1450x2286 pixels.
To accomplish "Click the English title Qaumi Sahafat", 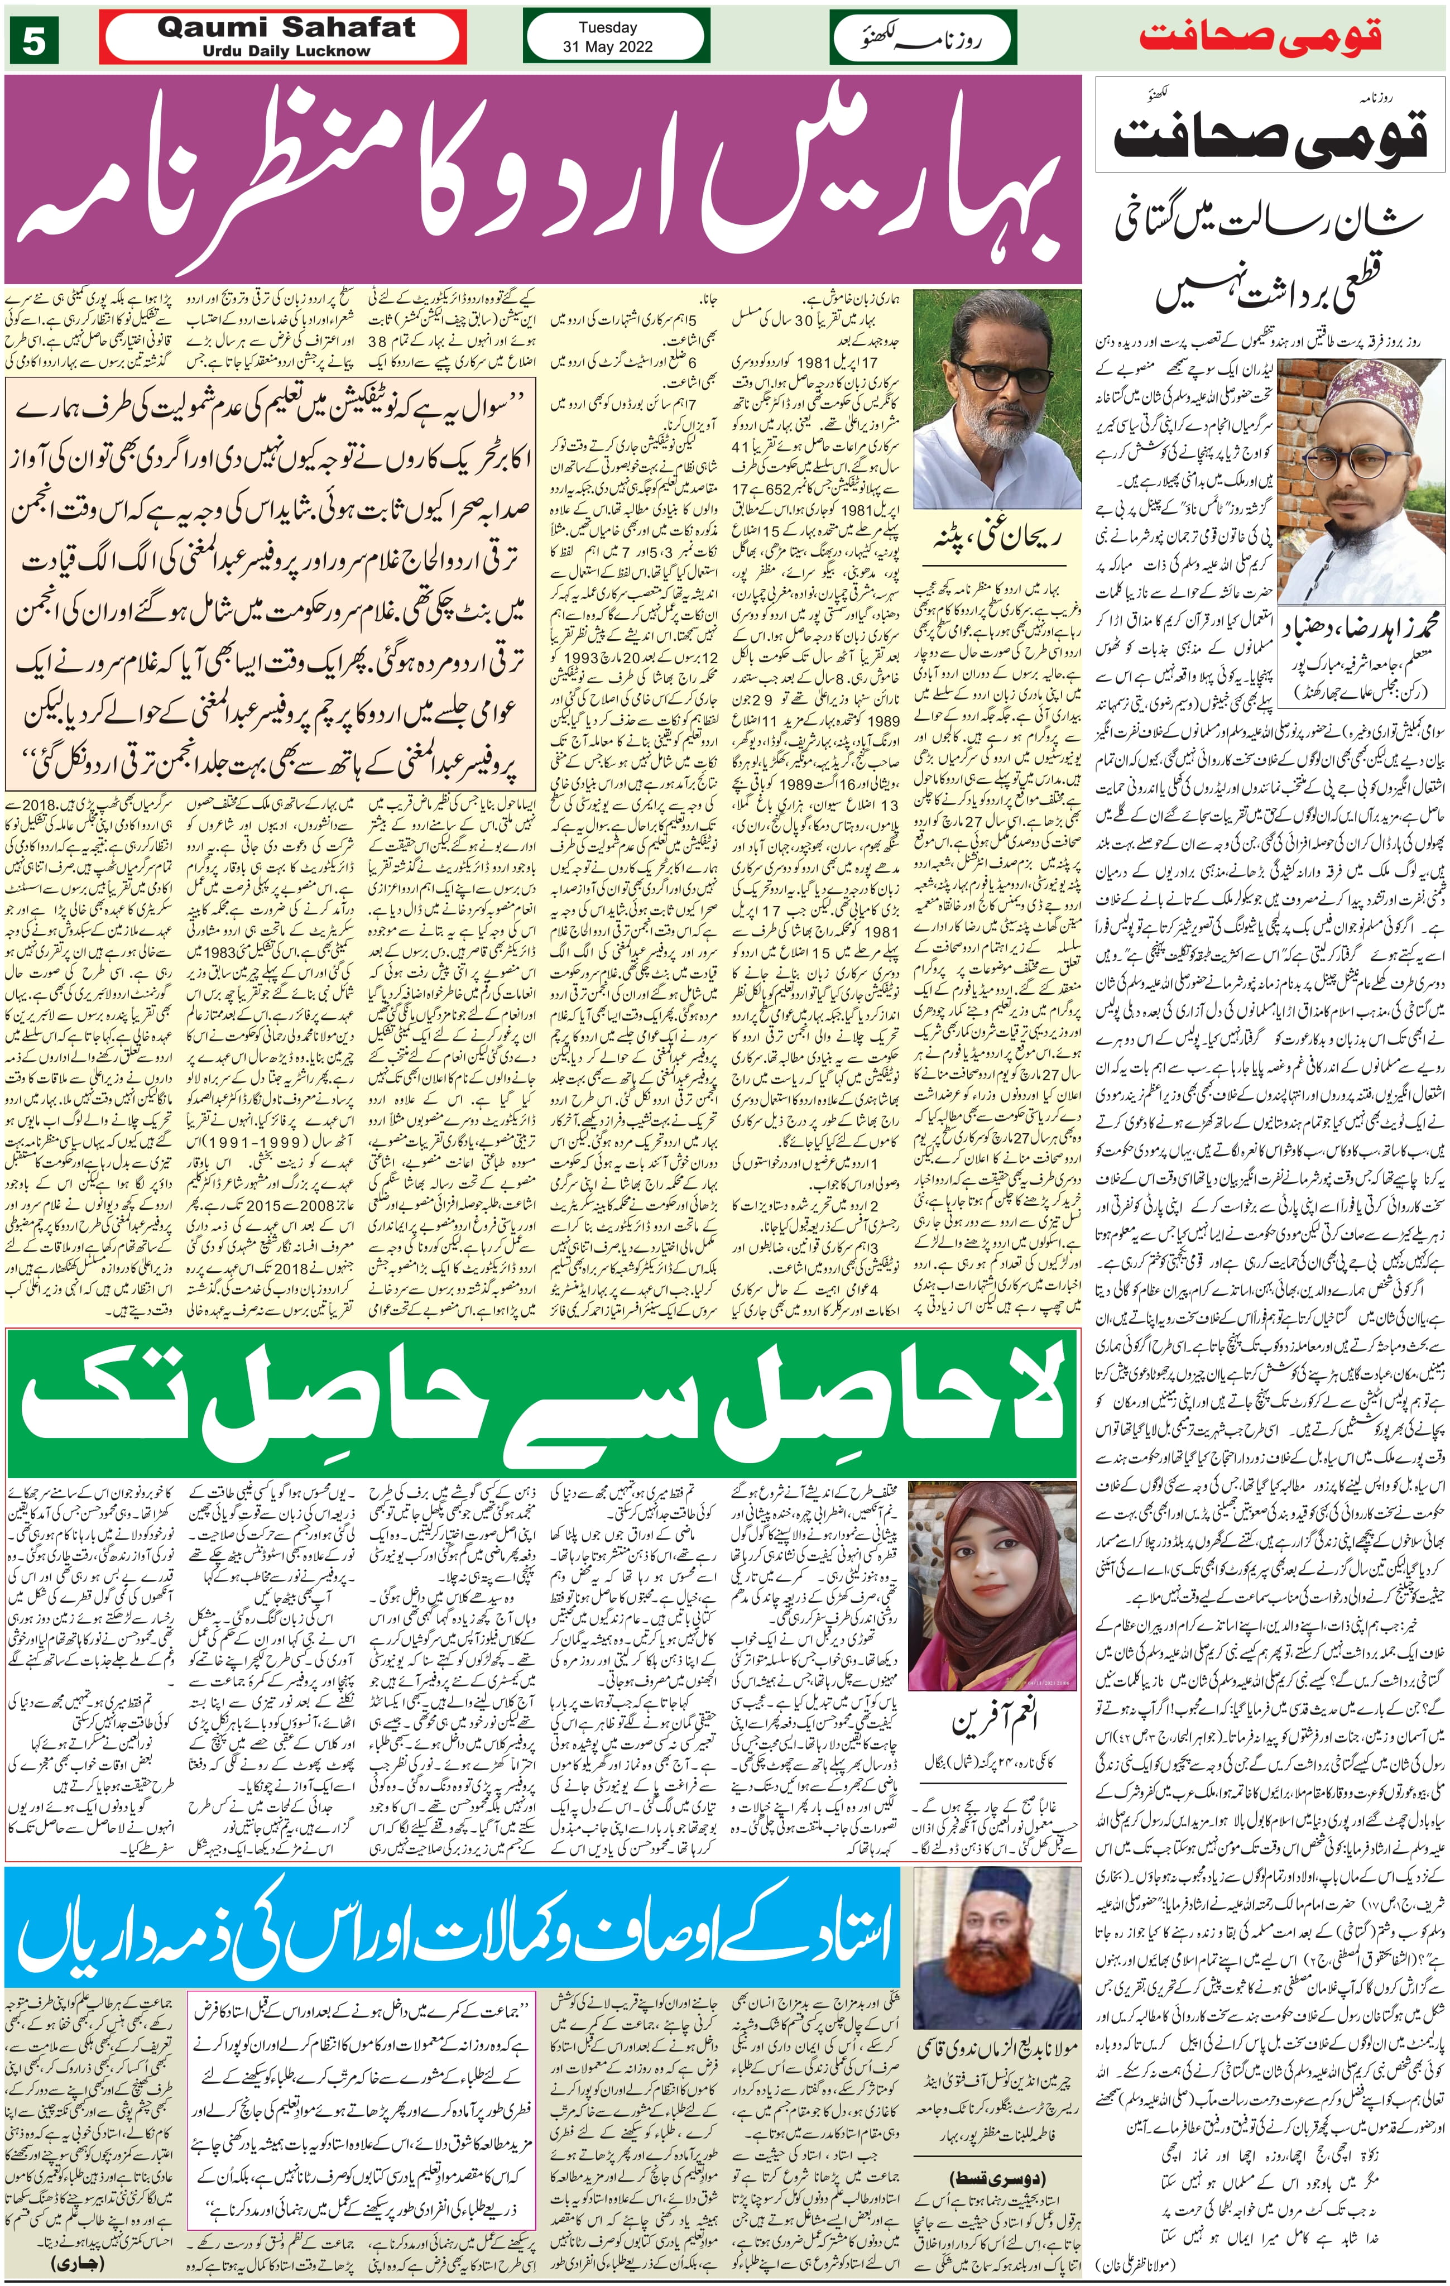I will pyautogui.click(x=286, y=27).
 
